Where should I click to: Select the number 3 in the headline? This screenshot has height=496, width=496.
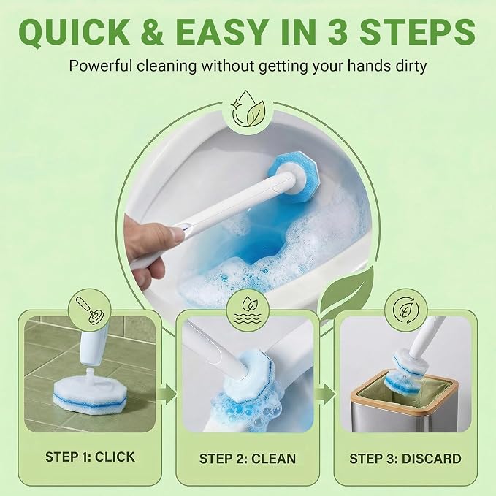click(x=337, y=32)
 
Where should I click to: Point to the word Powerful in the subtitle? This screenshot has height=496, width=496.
click(x=102, y=66)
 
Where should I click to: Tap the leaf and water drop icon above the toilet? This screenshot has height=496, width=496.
click(x=248, y=109)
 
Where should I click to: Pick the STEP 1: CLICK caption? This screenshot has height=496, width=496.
click(x=90, y=457)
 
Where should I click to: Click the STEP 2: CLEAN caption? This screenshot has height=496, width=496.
click(x=248, y=458)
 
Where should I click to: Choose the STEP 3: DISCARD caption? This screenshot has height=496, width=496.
click(x=405, y=458)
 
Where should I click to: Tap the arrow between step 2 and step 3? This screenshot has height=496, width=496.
click(x=326, y=394)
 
